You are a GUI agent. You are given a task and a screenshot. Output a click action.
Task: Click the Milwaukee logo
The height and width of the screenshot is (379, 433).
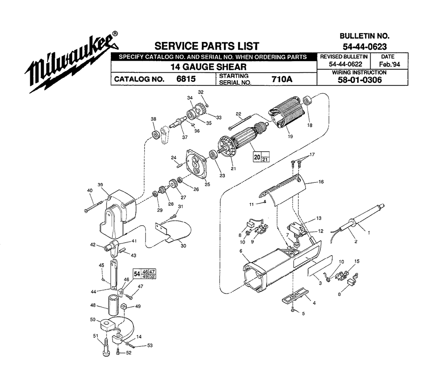72,62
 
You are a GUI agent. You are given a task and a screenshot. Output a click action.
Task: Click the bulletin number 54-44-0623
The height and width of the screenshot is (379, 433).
365,46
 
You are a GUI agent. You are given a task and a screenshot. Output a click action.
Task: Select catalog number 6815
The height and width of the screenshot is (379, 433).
186,79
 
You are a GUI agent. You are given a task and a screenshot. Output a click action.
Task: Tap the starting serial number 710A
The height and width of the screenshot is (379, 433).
282,79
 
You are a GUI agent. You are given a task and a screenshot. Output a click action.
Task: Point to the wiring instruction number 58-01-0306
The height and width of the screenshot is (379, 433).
360,80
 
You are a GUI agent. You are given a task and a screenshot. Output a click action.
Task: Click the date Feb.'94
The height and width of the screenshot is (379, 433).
389,65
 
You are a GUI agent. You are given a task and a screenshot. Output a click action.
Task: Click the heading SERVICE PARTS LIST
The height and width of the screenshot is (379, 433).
207,46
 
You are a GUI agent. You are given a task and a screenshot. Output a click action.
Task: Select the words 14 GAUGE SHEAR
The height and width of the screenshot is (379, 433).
208,67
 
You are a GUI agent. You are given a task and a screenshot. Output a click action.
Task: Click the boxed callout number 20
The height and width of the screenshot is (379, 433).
257,157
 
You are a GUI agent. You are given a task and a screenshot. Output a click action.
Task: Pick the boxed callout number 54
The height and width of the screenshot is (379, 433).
137,274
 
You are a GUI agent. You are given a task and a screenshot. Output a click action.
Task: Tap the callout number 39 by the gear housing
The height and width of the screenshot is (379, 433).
100,185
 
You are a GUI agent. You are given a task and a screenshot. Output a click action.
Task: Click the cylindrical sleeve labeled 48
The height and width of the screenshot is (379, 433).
113,305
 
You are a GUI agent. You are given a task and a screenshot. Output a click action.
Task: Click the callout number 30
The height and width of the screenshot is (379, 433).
183,246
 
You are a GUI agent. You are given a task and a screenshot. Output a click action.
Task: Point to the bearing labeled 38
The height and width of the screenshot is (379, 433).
156,135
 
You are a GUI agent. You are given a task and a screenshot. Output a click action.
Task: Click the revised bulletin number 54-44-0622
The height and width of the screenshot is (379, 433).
346,65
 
